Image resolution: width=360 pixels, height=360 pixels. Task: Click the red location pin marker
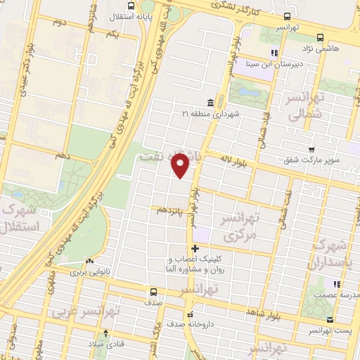click(x=181, y=164)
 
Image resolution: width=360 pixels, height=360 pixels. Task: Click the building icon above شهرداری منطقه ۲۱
click(x=211, y=103)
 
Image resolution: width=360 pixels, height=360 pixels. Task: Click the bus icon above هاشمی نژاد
click(x=321, y=37)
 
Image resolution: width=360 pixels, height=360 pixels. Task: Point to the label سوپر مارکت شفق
click(x=307, y=160)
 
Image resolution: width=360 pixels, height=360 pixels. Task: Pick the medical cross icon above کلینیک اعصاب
click(x=195, y=248)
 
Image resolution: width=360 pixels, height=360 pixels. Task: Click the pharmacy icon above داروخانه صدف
click(x=189, y=314)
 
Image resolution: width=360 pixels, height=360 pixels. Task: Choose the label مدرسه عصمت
click(x=334, y=295)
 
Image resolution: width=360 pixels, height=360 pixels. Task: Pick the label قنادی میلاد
click(x=105, y=345)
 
